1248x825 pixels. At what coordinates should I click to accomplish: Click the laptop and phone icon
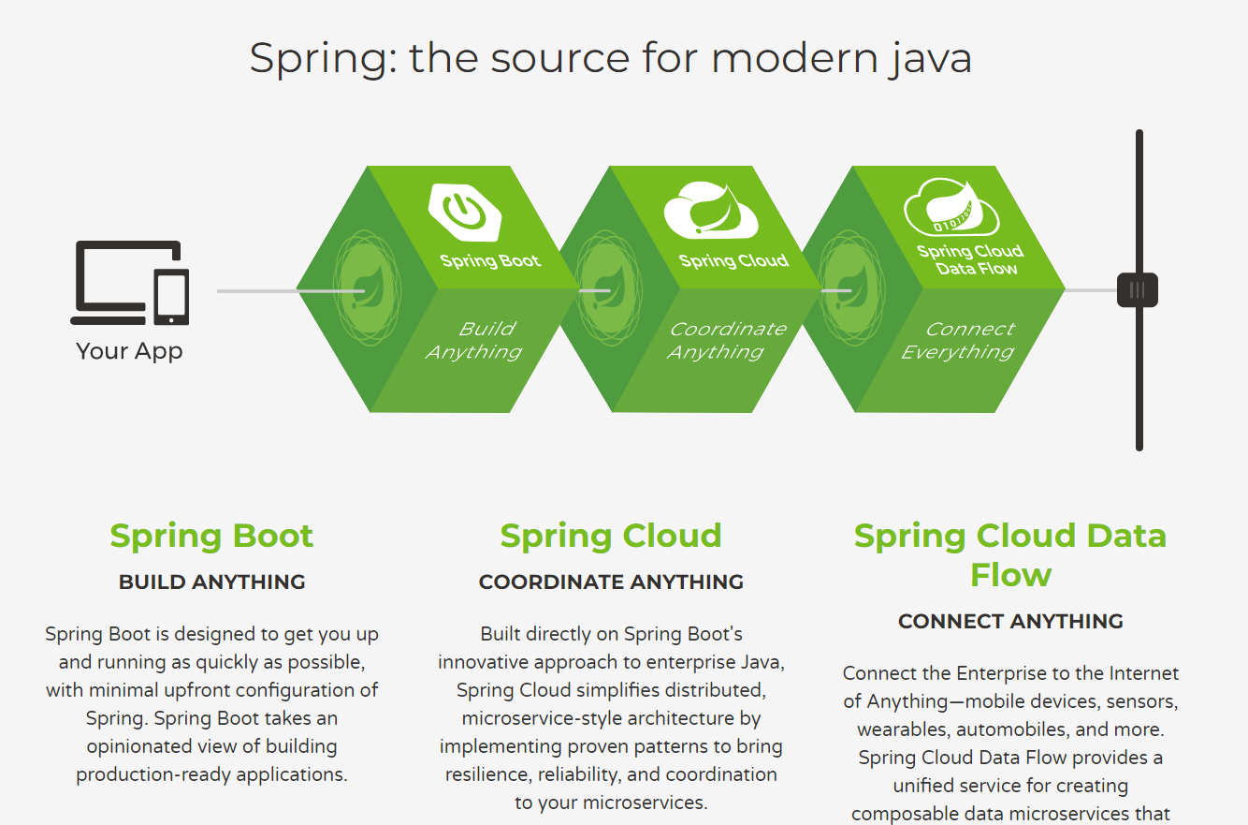click(x=130, y=283)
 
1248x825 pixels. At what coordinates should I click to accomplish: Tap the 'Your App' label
click(x=129, y=351)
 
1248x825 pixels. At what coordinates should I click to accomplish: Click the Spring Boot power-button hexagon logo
click(x=465, y=213)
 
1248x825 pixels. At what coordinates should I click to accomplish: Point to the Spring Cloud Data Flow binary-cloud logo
click(x=951, y=209)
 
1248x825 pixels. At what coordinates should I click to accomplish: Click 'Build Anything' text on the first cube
click(x=474, y=341)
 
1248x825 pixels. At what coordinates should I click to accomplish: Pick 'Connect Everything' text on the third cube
click(x=959, y=341)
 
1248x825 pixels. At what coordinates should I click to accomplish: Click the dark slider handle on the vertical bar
click(x=1138, y=290)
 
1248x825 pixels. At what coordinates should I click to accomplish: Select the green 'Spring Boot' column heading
click(x=211, y=536)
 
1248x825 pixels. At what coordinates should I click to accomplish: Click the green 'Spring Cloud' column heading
click(x=611, y=536)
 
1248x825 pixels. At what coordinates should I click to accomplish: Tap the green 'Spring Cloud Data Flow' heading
click(x=1010, y=554)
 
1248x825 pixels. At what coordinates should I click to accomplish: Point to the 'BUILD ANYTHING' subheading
click(x=211, y=582)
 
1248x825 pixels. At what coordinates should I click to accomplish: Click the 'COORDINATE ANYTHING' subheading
click(x=611, y=582)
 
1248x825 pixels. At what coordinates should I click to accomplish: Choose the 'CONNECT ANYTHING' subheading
click(x=1010, y=622)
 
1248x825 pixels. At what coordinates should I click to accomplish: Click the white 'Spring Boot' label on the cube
click(x=490, y=260)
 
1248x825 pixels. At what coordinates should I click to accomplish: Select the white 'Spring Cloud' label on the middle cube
click(x=733, y=260)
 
